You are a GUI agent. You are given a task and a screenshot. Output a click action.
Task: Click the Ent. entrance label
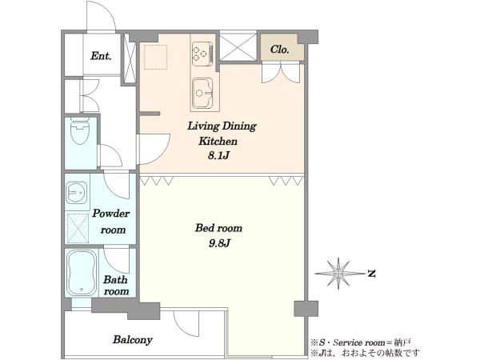coord(101,56)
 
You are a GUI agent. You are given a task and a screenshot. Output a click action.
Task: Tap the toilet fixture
coord(79,130)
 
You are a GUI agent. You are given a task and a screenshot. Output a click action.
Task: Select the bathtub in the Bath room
coord(82,273)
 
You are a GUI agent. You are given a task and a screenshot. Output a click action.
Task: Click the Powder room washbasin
coord(77,192)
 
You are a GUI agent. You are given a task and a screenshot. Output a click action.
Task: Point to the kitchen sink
coord(202,93)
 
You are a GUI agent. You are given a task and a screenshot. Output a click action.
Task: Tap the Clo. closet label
coord(280,50)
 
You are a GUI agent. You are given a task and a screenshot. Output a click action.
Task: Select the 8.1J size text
coord(218,155)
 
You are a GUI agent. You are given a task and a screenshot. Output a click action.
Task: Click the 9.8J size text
coord(219,243)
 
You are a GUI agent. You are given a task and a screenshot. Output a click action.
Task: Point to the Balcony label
coord(133,340)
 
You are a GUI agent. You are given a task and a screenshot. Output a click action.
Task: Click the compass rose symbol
coord(338,273)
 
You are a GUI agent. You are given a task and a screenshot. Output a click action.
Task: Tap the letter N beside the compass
coord(372,274)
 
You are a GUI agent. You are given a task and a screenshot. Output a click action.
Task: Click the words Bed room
coord(218,228)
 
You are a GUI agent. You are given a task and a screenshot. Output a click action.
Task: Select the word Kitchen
coord(218,141)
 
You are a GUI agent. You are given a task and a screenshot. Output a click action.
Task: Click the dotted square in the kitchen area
coord(155,58)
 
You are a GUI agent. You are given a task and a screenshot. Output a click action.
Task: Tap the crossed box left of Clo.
coord(238,47)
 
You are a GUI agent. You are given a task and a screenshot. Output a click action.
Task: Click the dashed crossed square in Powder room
coord(77,228)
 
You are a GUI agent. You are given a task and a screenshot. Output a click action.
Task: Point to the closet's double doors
coord(281,73)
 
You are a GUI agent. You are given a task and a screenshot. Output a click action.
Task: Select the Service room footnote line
coord(361,342)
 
